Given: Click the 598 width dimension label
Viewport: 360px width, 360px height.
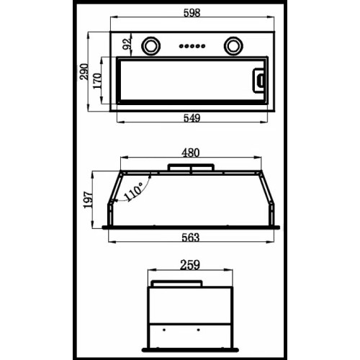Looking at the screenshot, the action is coord(192,13).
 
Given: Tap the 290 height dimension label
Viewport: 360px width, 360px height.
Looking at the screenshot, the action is coord(84,71).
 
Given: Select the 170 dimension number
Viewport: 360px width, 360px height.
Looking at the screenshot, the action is coord(97,81).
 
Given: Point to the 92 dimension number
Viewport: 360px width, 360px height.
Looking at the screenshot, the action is coord(127,44).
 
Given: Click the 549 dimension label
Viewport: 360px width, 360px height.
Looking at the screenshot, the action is coord(192,118).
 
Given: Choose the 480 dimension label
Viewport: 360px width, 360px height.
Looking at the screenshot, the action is coord(191,153).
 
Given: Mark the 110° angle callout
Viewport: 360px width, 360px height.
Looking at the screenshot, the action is coord(134,192).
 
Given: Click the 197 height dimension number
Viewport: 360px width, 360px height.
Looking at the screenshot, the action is coord(88,199).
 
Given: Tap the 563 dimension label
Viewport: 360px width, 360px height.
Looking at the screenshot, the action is coord(191,238).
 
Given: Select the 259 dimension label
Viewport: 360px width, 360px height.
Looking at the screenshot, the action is coord(190,265).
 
